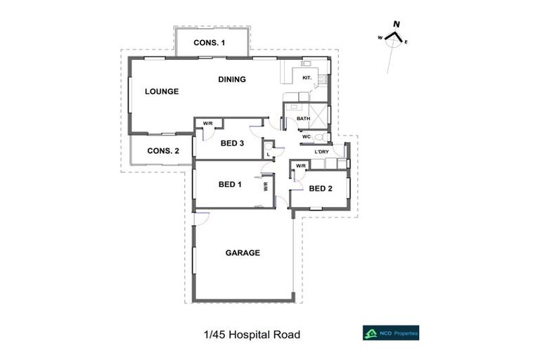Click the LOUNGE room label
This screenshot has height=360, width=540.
pos(162,91)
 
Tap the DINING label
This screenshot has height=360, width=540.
pos(231,79)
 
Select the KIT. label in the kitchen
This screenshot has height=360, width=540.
pos(307,77)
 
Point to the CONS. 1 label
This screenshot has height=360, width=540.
pos(210,43)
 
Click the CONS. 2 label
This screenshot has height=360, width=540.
pos(163,150)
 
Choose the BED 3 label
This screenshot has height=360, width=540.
pos(232,143)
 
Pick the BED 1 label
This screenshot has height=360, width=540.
pos(230,185)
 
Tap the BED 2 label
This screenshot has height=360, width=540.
pos(320,188)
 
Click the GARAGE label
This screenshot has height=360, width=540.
pos(243,253)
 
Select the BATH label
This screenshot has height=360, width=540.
pos(303,119)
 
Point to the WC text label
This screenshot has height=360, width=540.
pos(307,136)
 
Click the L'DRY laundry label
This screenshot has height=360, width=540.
pos(321,152)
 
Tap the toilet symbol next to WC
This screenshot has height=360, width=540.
pos(320,136)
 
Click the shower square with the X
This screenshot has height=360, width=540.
pos(319,113)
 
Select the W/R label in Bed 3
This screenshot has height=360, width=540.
pos(208,124)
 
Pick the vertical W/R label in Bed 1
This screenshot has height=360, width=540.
pos(266,187)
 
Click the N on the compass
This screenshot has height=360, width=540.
pos(397,25)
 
